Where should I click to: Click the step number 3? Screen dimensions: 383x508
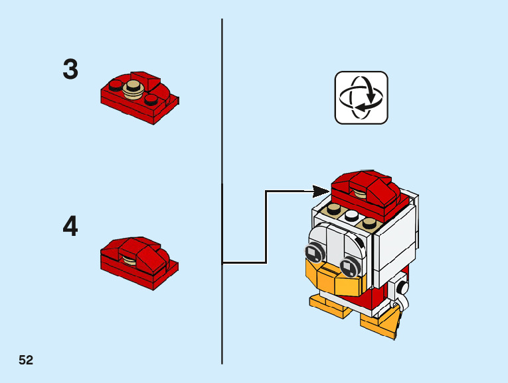coord(70,70)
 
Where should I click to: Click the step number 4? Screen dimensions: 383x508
coord(70,227)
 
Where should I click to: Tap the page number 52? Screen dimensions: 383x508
coord(26,360)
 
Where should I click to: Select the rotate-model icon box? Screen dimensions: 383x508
coord(361,98)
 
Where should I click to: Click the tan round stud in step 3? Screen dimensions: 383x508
coord(135,87)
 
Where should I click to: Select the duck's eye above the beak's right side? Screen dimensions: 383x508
coord(347,267)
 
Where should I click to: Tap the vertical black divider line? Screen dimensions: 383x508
coord(222,133)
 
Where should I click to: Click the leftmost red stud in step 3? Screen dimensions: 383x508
coord(115,85)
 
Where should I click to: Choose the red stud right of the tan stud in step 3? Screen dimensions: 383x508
coord(152,99)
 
